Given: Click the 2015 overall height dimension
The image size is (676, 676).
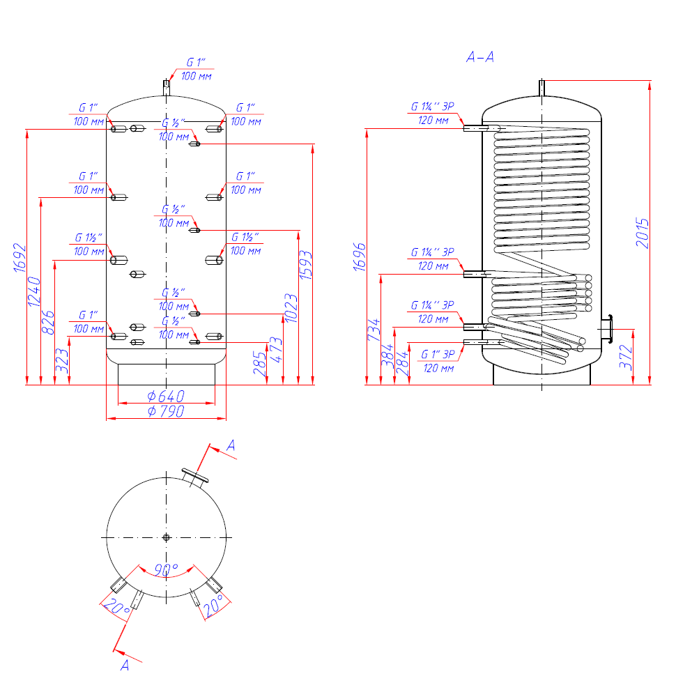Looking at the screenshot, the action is (643, 233).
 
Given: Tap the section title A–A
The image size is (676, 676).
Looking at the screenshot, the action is (480, 57).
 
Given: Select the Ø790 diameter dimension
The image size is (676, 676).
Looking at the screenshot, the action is (166, 411).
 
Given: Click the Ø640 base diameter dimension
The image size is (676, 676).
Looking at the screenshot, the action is (166, 396).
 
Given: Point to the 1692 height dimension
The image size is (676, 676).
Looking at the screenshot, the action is (20, 258).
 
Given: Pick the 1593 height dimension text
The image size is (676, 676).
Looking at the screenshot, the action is (305, 265).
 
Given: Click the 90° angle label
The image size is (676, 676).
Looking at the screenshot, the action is (167, 570).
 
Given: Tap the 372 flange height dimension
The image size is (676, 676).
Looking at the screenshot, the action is (626, 357).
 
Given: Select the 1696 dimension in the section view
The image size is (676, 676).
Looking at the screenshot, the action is (360, 257).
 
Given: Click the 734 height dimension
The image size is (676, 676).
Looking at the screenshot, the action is (374, 330).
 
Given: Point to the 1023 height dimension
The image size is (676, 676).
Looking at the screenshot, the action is (291, 308).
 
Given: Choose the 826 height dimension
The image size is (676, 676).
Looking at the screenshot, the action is (48, 322).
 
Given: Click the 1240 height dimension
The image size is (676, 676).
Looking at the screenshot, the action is (34, 291).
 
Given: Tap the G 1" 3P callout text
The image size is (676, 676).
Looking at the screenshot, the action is (438, 355).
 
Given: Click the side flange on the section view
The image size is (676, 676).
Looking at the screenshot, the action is (607, 330).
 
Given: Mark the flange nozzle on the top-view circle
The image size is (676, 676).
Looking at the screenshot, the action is (195, 477).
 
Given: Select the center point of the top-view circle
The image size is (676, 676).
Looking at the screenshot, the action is (167, 537).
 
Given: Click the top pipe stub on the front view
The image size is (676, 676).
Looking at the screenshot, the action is (167, 88).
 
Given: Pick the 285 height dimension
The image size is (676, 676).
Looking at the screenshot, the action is (259, 363).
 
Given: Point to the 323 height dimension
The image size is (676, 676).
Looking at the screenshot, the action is (62, 360).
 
